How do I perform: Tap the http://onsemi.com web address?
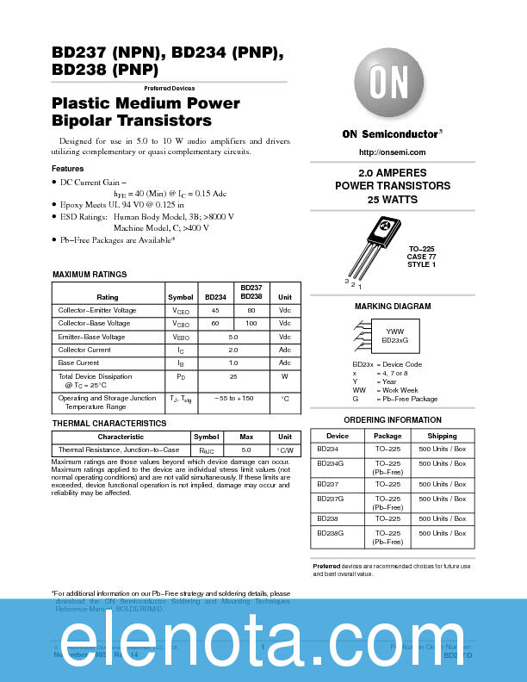pos(392,152)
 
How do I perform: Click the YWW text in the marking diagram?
pos(394,332)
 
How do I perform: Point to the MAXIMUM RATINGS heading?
pos(90,275)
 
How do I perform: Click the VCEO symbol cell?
pos(181,310)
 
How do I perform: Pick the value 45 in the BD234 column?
pos(215,310)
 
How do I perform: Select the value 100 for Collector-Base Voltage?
pos(251,323)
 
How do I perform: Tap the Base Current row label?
pos(78,363)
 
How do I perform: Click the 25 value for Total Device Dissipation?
pos(232,376)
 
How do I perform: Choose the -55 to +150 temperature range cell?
pos(233,399)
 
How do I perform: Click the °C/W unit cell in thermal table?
pos(285,450)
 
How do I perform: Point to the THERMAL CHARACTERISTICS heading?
pos(109,424)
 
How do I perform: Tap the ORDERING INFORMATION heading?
pos(392,420)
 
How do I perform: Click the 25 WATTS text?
pos(392,200)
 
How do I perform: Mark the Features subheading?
pos(68,169)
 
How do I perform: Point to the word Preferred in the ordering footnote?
pos(326,566)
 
